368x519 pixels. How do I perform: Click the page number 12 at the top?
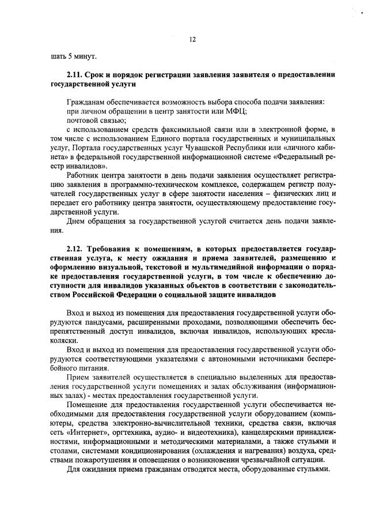(193, 39)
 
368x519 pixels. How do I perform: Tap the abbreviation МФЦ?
(237, 111)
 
